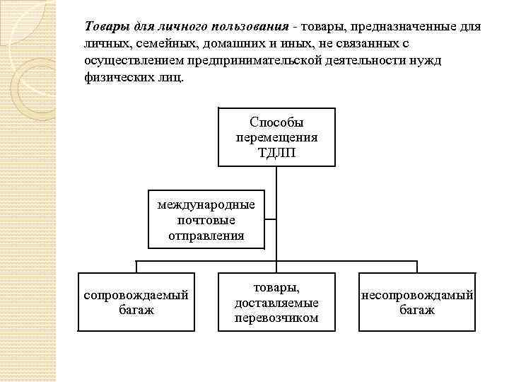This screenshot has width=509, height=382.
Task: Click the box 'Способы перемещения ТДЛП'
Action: [x=276, y=137]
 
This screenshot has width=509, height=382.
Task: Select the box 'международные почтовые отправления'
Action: [x=206, y=219]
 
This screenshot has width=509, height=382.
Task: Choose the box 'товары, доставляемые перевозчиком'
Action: [x=276, y=302]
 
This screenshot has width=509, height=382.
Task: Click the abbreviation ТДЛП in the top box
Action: [x=276, y=152]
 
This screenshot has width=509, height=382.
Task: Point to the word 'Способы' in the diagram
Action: [x=276, y=122]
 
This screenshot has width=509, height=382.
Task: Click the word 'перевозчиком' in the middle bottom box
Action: [x=276, y=318]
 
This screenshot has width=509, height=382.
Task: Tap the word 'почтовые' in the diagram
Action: [x=206, y=220]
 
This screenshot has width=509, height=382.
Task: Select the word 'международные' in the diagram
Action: [x=206, y=205]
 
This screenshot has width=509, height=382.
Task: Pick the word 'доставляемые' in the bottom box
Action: [x=276, y=303]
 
